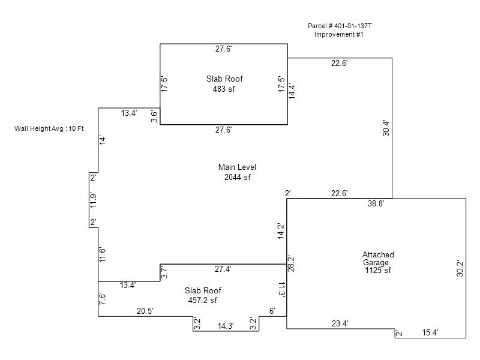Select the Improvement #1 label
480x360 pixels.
click(x=338, y=34)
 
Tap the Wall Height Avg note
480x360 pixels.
click(x=49, y=128)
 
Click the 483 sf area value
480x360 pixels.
click(x=224, y=89)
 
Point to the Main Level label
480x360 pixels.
click(x=237, y=167)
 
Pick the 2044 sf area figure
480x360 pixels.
click(x=237, y=177)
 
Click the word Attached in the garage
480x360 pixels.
click(x=378, y=254)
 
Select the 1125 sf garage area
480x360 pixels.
click(x=378, y=271)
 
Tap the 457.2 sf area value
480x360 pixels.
click(x=203, y=301)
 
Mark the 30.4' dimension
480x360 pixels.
click(x=386, y=128)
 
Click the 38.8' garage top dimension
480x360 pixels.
click(x=376, y=203)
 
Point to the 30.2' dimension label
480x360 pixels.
click(x=460, y=269)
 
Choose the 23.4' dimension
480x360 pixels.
click(x=340, y=323)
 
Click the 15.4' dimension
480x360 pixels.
click(x=430, y=333)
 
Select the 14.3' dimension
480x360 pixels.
click(x=226, y=326)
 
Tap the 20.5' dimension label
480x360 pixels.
click(x=145, y=311)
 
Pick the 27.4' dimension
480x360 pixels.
click(x=223, y=269)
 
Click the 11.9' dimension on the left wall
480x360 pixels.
click(x=93, y=200)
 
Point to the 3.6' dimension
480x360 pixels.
click(x=154, y=116)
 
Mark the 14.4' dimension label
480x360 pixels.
click(x=292, y=91)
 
